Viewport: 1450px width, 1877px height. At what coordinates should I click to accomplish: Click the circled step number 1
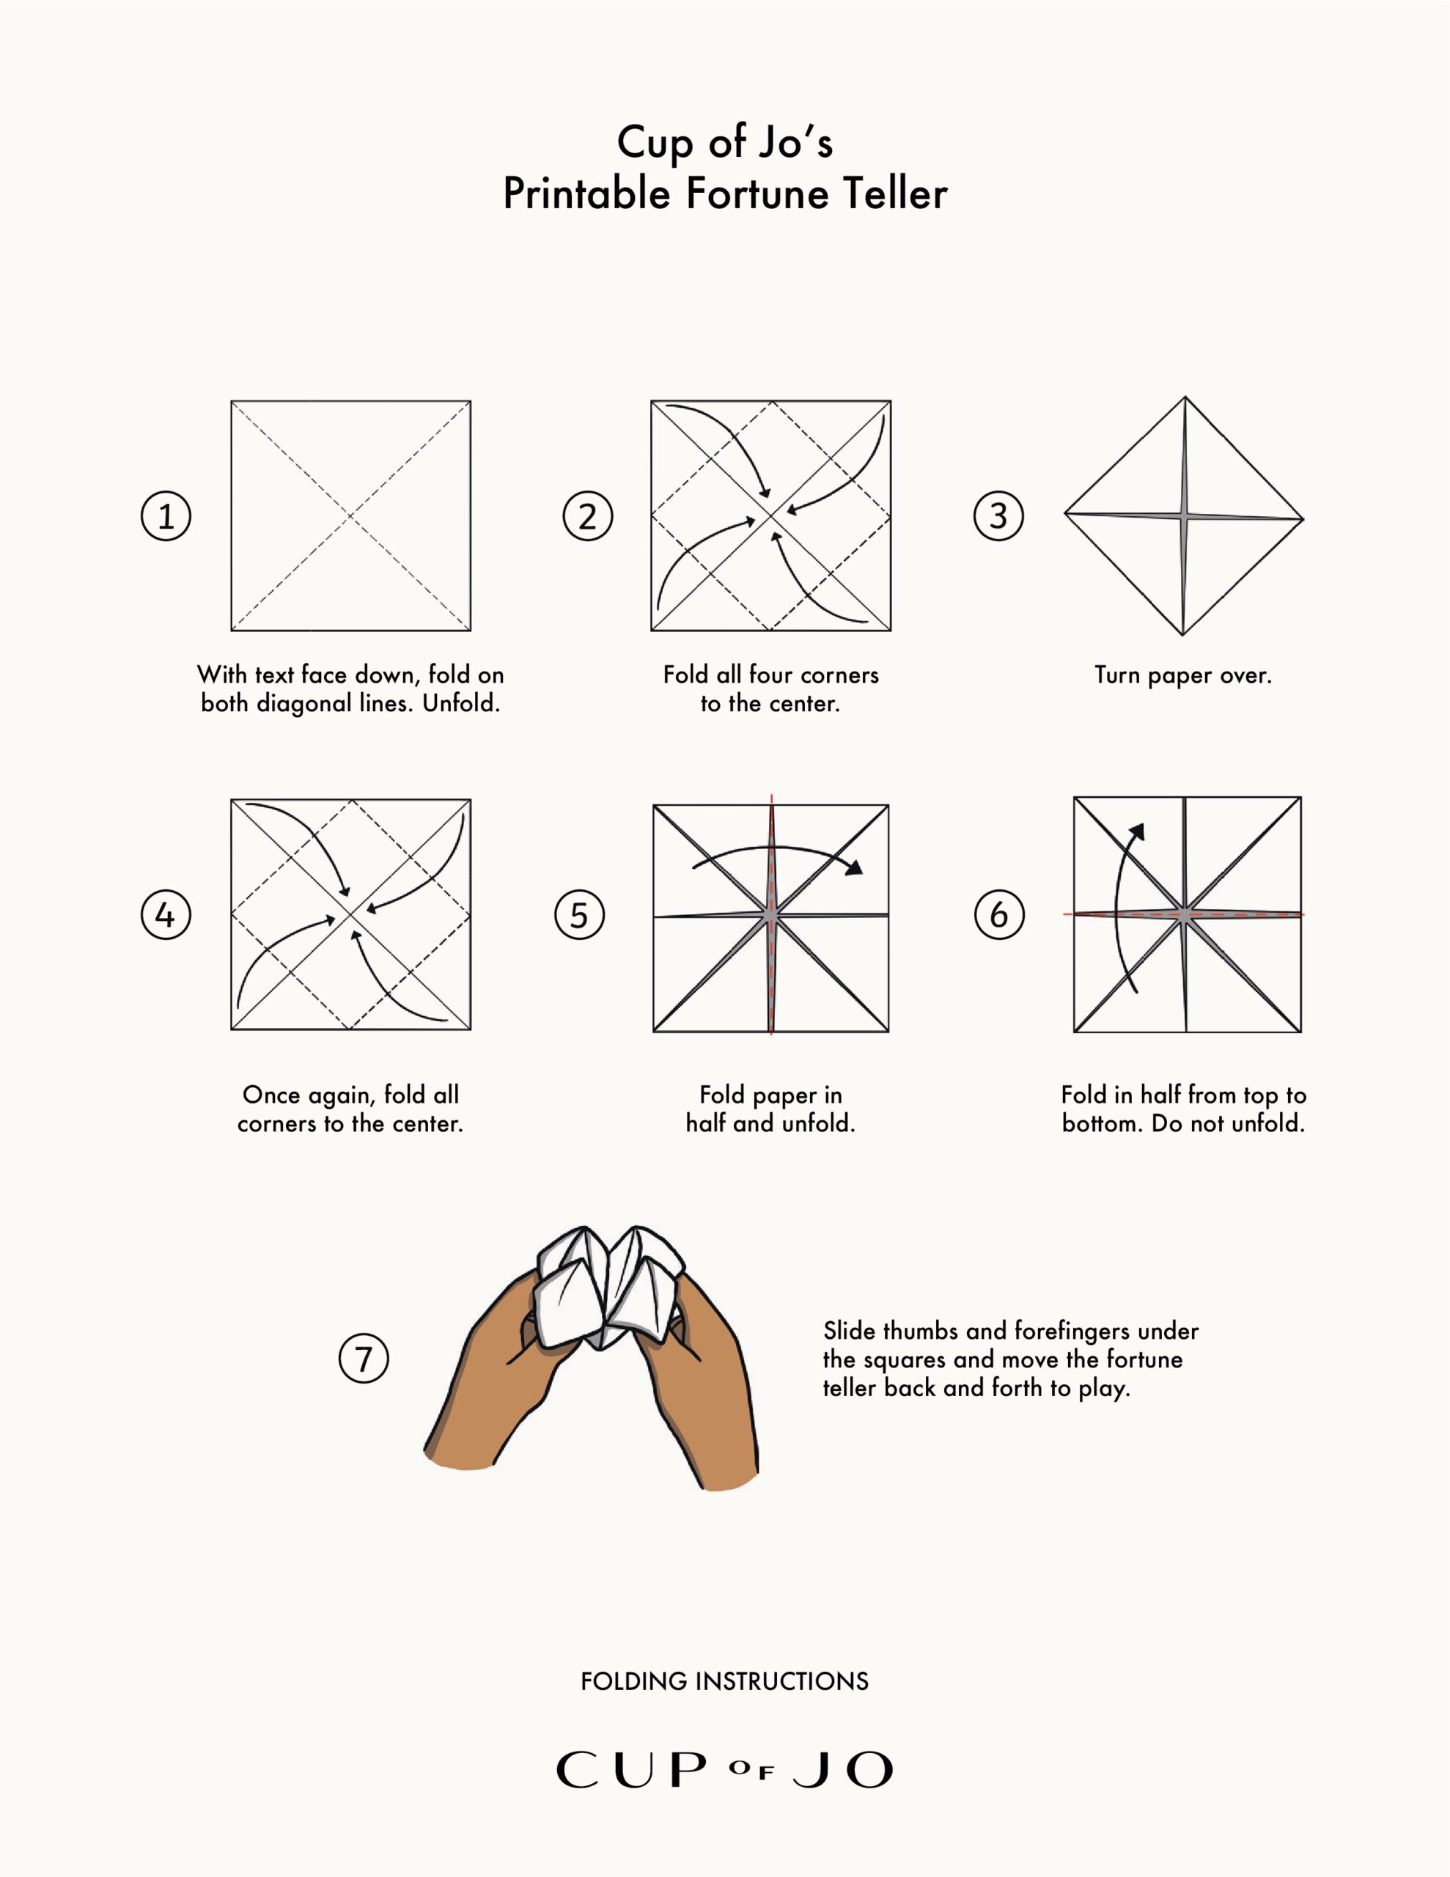[166, 515]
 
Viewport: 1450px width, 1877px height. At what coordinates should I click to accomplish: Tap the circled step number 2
[588, 515]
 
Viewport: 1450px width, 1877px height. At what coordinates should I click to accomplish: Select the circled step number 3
[998, 515]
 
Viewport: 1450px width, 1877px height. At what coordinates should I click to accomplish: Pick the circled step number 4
[166, 914]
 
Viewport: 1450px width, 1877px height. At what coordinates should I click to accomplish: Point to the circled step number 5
[579, 914]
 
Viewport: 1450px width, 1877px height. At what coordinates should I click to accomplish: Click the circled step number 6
[998, 914]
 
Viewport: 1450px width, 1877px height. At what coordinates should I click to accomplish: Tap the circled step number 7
[364, 1359]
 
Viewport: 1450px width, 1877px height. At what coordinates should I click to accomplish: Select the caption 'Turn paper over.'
[1182, 675]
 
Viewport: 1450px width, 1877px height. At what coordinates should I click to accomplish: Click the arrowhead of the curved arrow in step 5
[853, 868]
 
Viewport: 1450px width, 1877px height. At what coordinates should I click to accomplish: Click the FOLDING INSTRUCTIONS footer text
[724, 1681]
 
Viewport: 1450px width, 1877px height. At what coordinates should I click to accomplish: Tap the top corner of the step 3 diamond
[1185, 398]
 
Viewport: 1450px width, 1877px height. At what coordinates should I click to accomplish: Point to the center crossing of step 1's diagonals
[350, 515]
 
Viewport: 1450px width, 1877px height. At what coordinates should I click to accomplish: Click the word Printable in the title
[586, 194]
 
